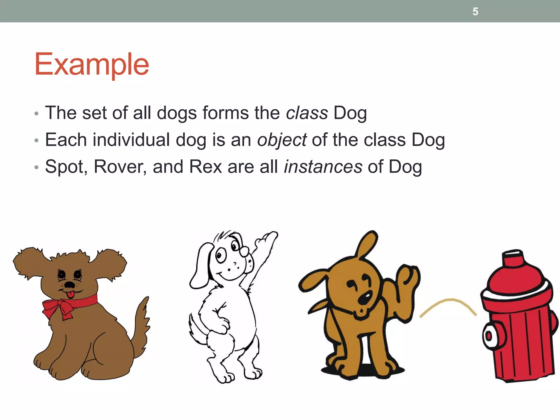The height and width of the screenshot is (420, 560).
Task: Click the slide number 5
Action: point(475,12)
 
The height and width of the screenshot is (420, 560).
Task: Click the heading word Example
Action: point(92,65)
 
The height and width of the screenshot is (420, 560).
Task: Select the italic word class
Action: point(307,113)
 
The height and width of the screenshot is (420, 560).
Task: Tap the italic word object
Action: point(282,140)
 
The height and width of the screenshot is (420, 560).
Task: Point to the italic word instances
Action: point(323,167)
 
